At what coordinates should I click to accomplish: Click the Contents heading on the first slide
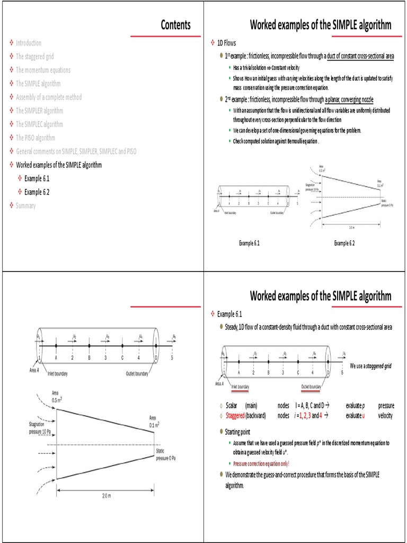coord(175,25)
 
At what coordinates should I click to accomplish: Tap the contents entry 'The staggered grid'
coord(34,56)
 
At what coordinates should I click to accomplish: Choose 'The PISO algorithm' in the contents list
coord(36,138)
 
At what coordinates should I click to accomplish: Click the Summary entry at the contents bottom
coord(26,205)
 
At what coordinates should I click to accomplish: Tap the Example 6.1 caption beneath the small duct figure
coord(249,243)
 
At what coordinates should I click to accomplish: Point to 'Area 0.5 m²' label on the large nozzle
coord(57,397)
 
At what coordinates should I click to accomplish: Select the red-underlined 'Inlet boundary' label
coord(236,387)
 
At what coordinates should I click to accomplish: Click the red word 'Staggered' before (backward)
coord(235,416)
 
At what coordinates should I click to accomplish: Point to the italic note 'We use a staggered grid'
coord(370,366)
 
